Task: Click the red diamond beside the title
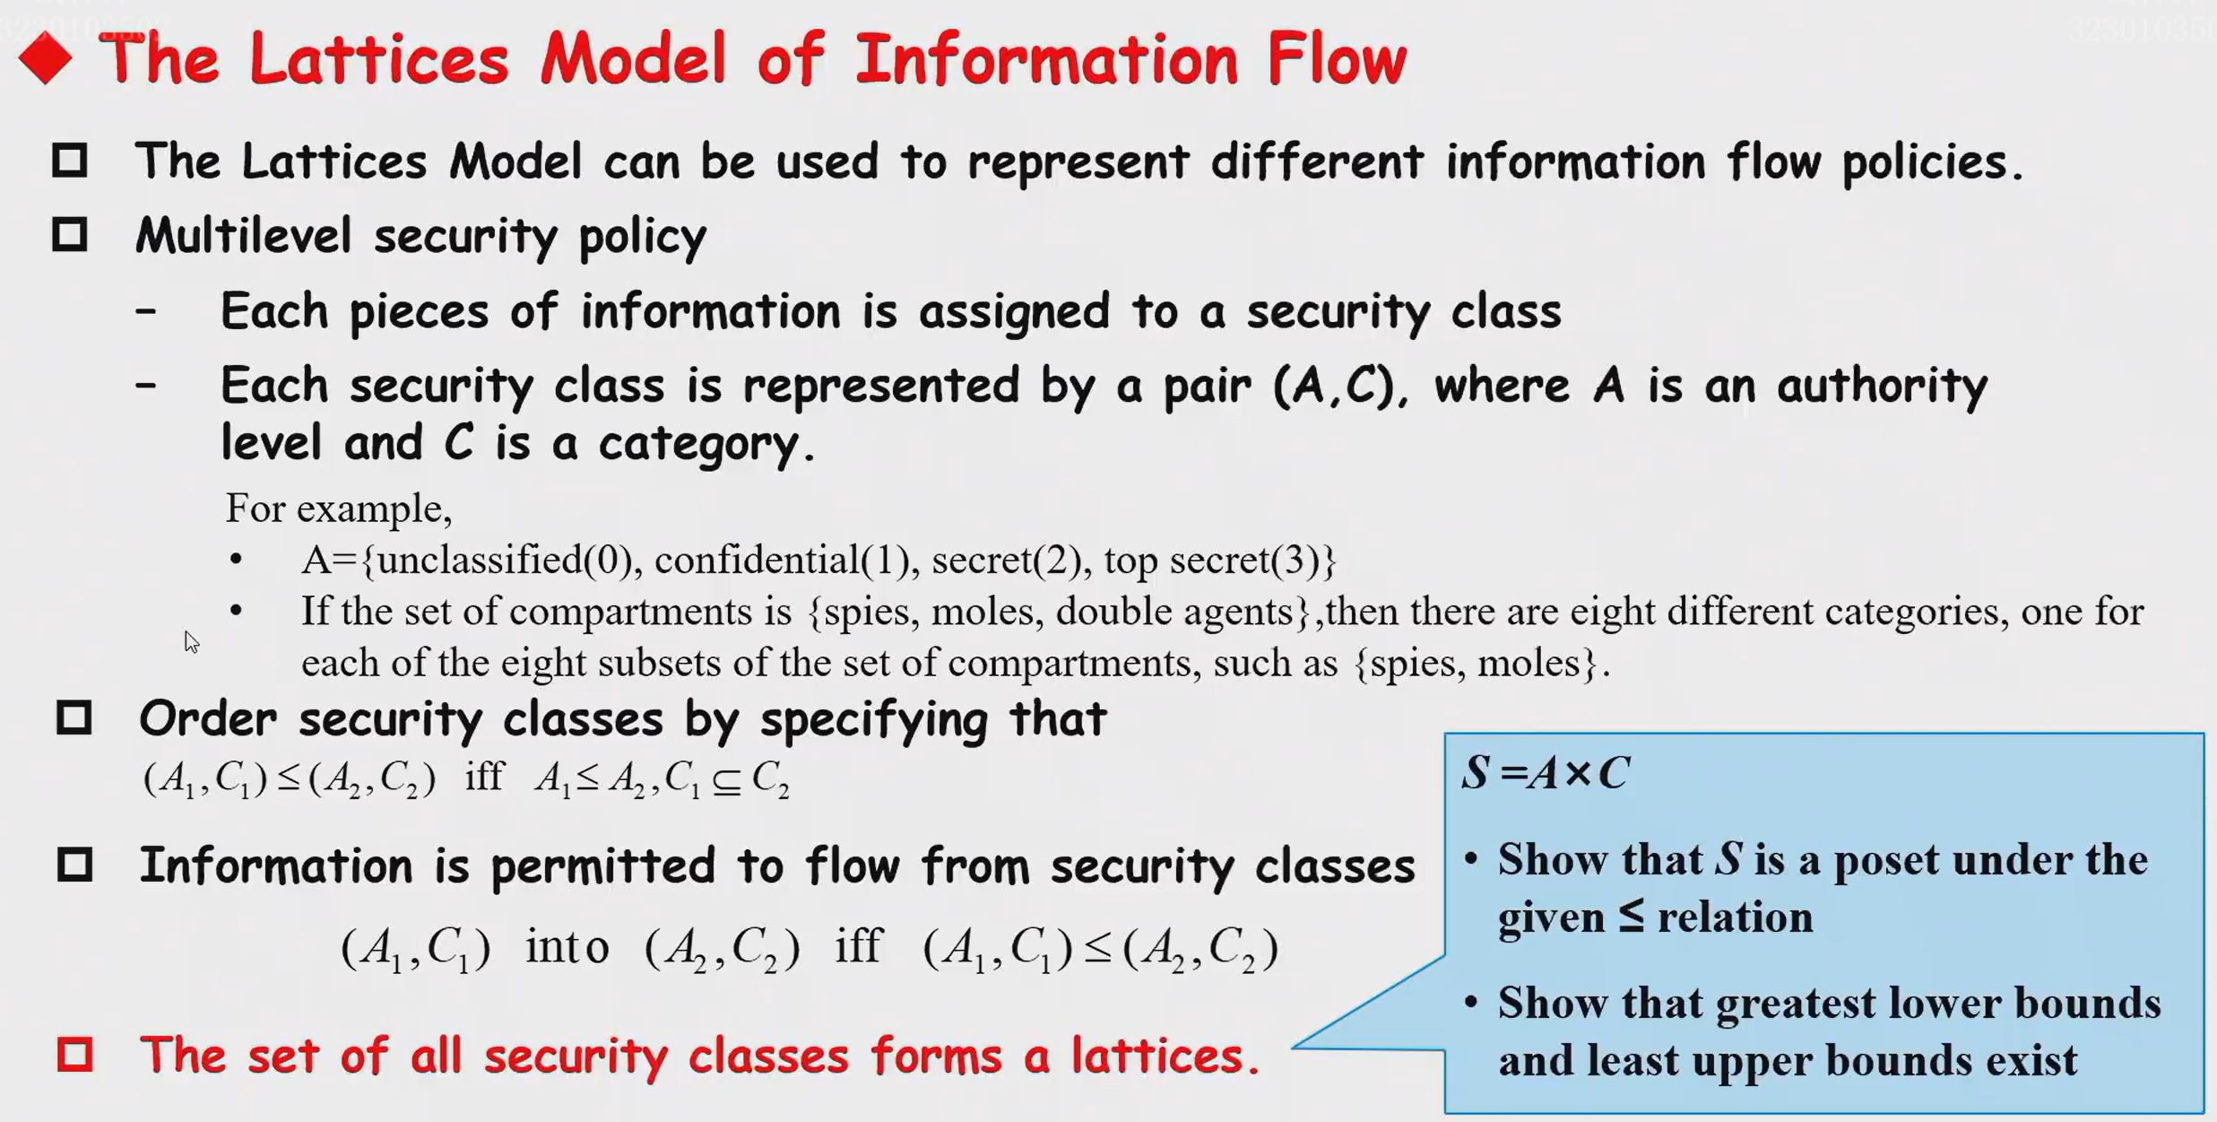(x=45, y=58)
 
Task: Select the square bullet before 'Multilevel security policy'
(x=70, y=235)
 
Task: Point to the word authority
(x=1882, y=386)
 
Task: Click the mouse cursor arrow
(x=191, y=641)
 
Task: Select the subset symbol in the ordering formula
(x=726, y=781)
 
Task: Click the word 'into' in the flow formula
(x=567, y=947)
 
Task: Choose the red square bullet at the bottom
(x=74, y=1054)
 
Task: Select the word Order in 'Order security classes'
(x=208, y=719)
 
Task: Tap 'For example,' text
(x=338, y=509)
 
